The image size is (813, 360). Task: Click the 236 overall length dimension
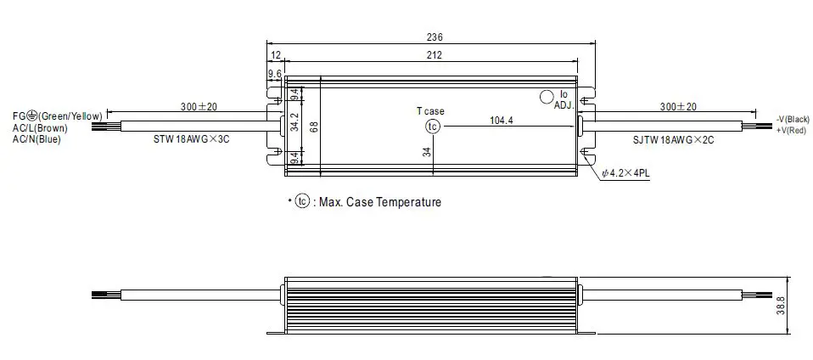click(x=435, y=37)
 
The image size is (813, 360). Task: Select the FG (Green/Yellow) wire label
click(x=57, y=116)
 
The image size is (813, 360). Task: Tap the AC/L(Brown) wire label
click(x=40, y=128)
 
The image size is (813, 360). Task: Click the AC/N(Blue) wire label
click(x=36, y=139)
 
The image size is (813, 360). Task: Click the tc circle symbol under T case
click(x=433, y=126)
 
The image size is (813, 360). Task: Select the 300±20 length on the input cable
click(x=199, y=107)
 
